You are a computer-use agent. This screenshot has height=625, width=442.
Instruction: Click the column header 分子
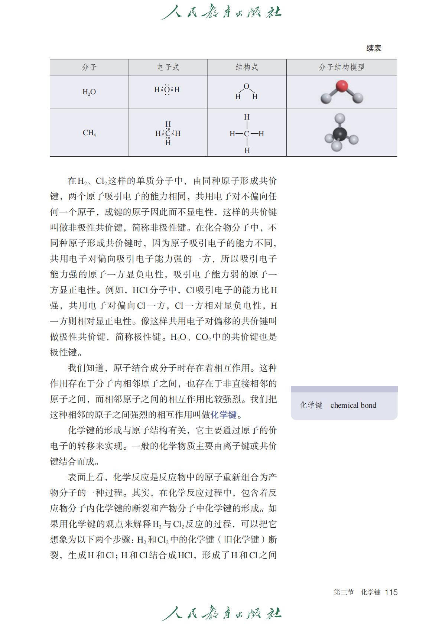(x=89, y=67)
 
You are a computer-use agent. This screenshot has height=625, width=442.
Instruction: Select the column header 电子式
(x=168, y=67)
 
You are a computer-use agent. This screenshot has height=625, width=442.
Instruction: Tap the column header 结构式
(x=247, y=67)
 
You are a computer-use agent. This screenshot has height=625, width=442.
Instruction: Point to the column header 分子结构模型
(x=341, y=67)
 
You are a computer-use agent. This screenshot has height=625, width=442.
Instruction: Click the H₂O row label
(x=89, y=92)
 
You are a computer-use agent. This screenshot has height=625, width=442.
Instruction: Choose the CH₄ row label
(x=89, y=133)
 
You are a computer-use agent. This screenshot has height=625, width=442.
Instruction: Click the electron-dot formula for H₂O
(x=167, y=90)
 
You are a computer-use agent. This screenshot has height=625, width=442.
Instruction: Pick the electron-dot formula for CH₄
(x=168, y=133)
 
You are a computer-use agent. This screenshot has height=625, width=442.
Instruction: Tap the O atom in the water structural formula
(x=246, y=87)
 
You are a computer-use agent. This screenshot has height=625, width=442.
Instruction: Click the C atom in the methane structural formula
(x=247, y=134)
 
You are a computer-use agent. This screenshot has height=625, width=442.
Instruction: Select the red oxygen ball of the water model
(x=342, y=86)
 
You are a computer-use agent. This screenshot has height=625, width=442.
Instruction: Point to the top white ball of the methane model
(x=340, y=118)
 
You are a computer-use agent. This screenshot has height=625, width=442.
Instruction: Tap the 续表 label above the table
(x=374, y=48)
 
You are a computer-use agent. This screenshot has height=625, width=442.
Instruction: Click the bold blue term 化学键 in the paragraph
(x=224, y=415)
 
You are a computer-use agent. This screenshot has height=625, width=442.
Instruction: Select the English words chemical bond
(x=353, y=405)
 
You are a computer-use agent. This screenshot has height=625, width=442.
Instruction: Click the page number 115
(x=391, y=592)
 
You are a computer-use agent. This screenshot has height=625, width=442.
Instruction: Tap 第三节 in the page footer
(x=344, y=592)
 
